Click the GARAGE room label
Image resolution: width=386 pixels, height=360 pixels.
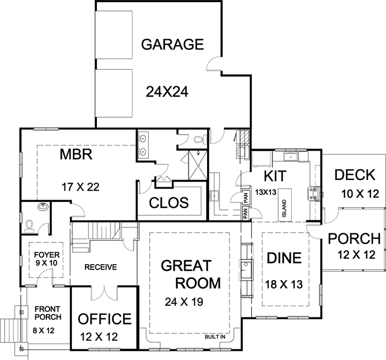coord(172,44)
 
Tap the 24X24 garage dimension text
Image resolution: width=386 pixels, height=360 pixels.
coord(167,93)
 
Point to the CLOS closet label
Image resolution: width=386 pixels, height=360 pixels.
coord(169,203)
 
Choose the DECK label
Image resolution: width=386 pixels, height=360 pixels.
coord(355,175)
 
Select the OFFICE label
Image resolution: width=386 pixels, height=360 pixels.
coord(105,319)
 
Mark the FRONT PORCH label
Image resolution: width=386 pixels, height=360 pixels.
coord(48,313)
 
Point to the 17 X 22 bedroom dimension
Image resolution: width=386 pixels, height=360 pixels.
coord(81,187)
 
